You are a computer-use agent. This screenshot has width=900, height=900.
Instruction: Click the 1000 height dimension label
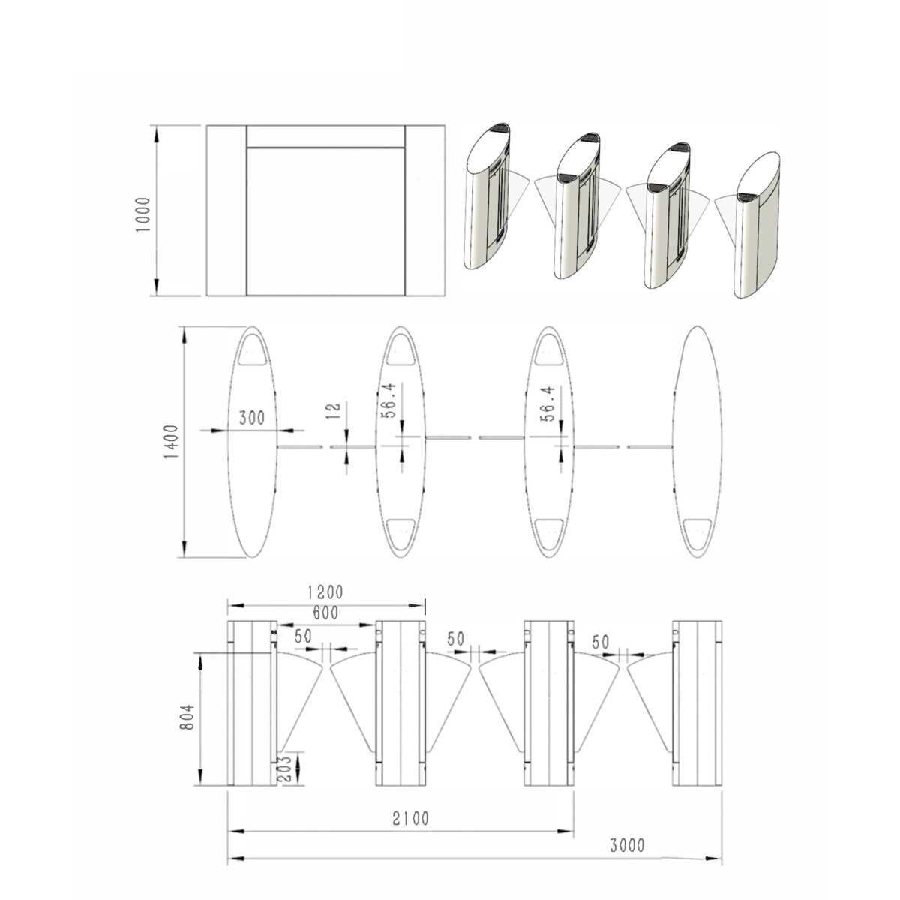click(143, 215)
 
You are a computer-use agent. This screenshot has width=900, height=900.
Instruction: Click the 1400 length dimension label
click(172, 442)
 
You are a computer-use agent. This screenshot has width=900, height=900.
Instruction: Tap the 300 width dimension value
click(252, 418)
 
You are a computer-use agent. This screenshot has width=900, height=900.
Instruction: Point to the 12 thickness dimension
click(334, 410)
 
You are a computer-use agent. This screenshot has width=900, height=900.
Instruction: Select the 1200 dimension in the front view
click(325, 592)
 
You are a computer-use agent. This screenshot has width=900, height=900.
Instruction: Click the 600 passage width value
click(325, 613)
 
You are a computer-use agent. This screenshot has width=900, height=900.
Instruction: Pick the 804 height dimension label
click(186, 718)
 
